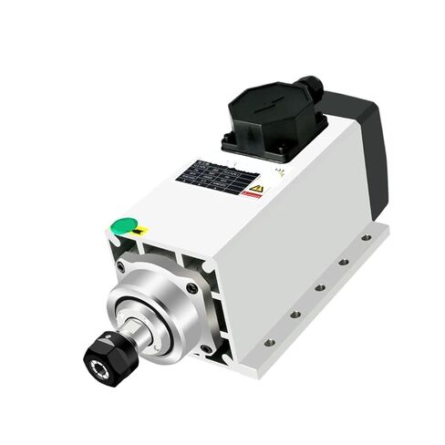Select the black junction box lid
[x=264, y=114]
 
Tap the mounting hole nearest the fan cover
[x=366, y=239]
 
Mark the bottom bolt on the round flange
[x=161, y=345]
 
